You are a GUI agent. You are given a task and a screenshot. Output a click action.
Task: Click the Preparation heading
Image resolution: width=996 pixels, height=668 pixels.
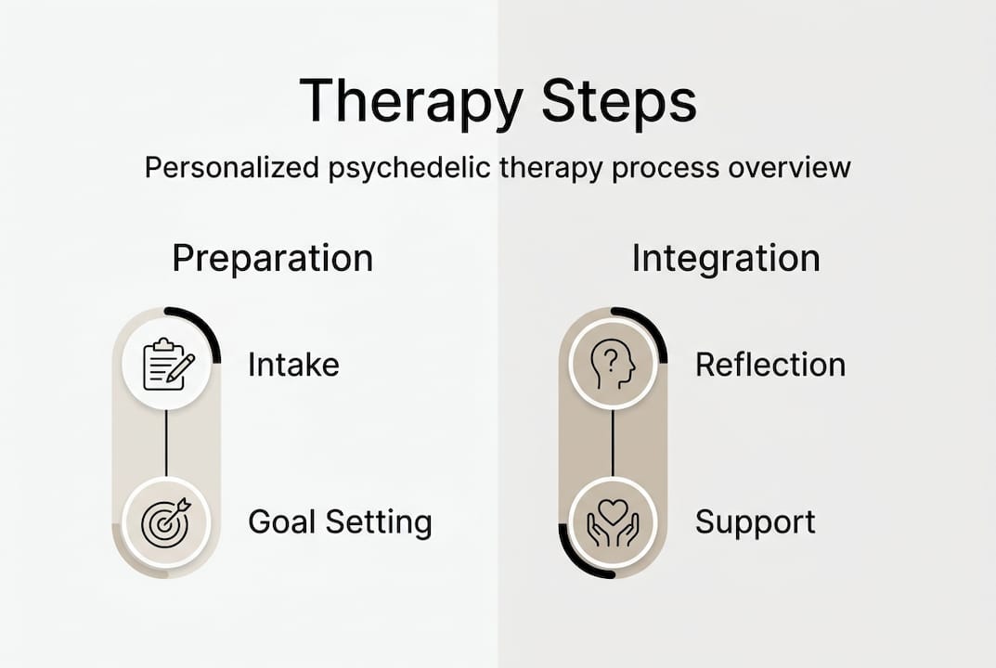coord(272,258)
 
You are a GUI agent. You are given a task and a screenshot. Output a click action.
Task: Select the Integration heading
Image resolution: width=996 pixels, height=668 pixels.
coord(726,258)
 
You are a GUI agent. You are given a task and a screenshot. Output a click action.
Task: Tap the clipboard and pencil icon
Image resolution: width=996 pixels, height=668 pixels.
coord(167,365)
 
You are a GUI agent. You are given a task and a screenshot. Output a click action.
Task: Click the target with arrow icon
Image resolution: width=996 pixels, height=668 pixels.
coord(167,521)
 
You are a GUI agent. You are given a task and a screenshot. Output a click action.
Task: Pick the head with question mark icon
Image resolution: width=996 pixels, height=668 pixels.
coord(613,365)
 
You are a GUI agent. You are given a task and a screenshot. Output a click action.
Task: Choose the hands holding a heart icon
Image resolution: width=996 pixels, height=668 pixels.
coord(613,521)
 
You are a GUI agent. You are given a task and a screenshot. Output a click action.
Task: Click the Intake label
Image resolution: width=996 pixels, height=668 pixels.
coord(293,365)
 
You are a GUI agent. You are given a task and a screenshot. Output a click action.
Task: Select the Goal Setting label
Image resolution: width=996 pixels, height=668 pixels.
coord(340,522)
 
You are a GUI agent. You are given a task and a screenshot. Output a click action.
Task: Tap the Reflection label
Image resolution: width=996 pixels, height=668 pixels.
coord(770,365)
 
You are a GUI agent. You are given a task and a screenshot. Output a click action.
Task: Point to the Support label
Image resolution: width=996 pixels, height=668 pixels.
coord(755,522)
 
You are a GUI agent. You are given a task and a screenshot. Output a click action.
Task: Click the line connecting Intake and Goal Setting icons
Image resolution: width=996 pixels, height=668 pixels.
coord(167,443)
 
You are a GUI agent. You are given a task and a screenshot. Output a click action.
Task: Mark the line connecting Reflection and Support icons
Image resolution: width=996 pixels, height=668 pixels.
coord(613,443)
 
